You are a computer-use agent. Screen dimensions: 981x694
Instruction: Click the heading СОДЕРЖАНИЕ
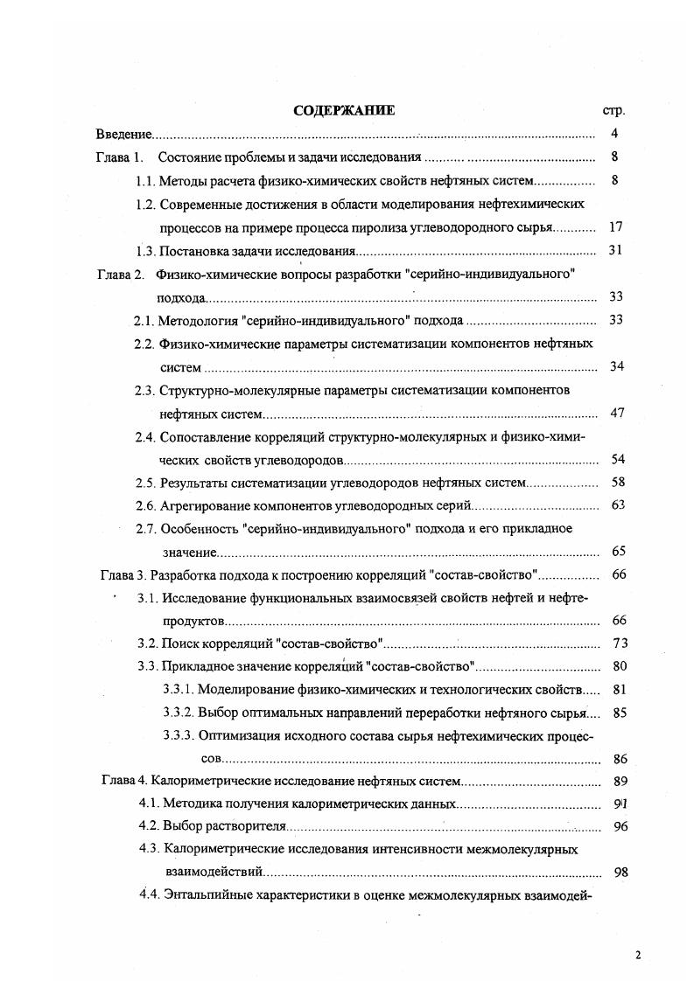344,111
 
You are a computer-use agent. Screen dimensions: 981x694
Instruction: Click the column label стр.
613,112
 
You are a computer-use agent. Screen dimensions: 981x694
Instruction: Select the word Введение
123,135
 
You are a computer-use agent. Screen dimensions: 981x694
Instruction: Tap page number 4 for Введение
615,135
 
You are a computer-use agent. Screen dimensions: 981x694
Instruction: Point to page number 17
614,226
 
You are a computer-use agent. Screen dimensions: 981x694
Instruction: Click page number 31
614,250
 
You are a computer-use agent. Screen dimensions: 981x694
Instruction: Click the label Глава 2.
118,274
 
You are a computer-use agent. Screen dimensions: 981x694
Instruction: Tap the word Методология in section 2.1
197,320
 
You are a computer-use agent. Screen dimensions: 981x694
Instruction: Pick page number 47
616,413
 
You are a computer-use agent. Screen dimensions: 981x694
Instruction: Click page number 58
616,483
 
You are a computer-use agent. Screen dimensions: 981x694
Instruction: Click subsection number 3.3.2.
179,713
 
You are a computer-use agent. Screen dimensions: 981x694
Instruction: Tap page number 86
620,759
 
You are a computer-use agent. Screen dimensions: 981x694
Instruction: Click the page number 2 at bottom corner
638,956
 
